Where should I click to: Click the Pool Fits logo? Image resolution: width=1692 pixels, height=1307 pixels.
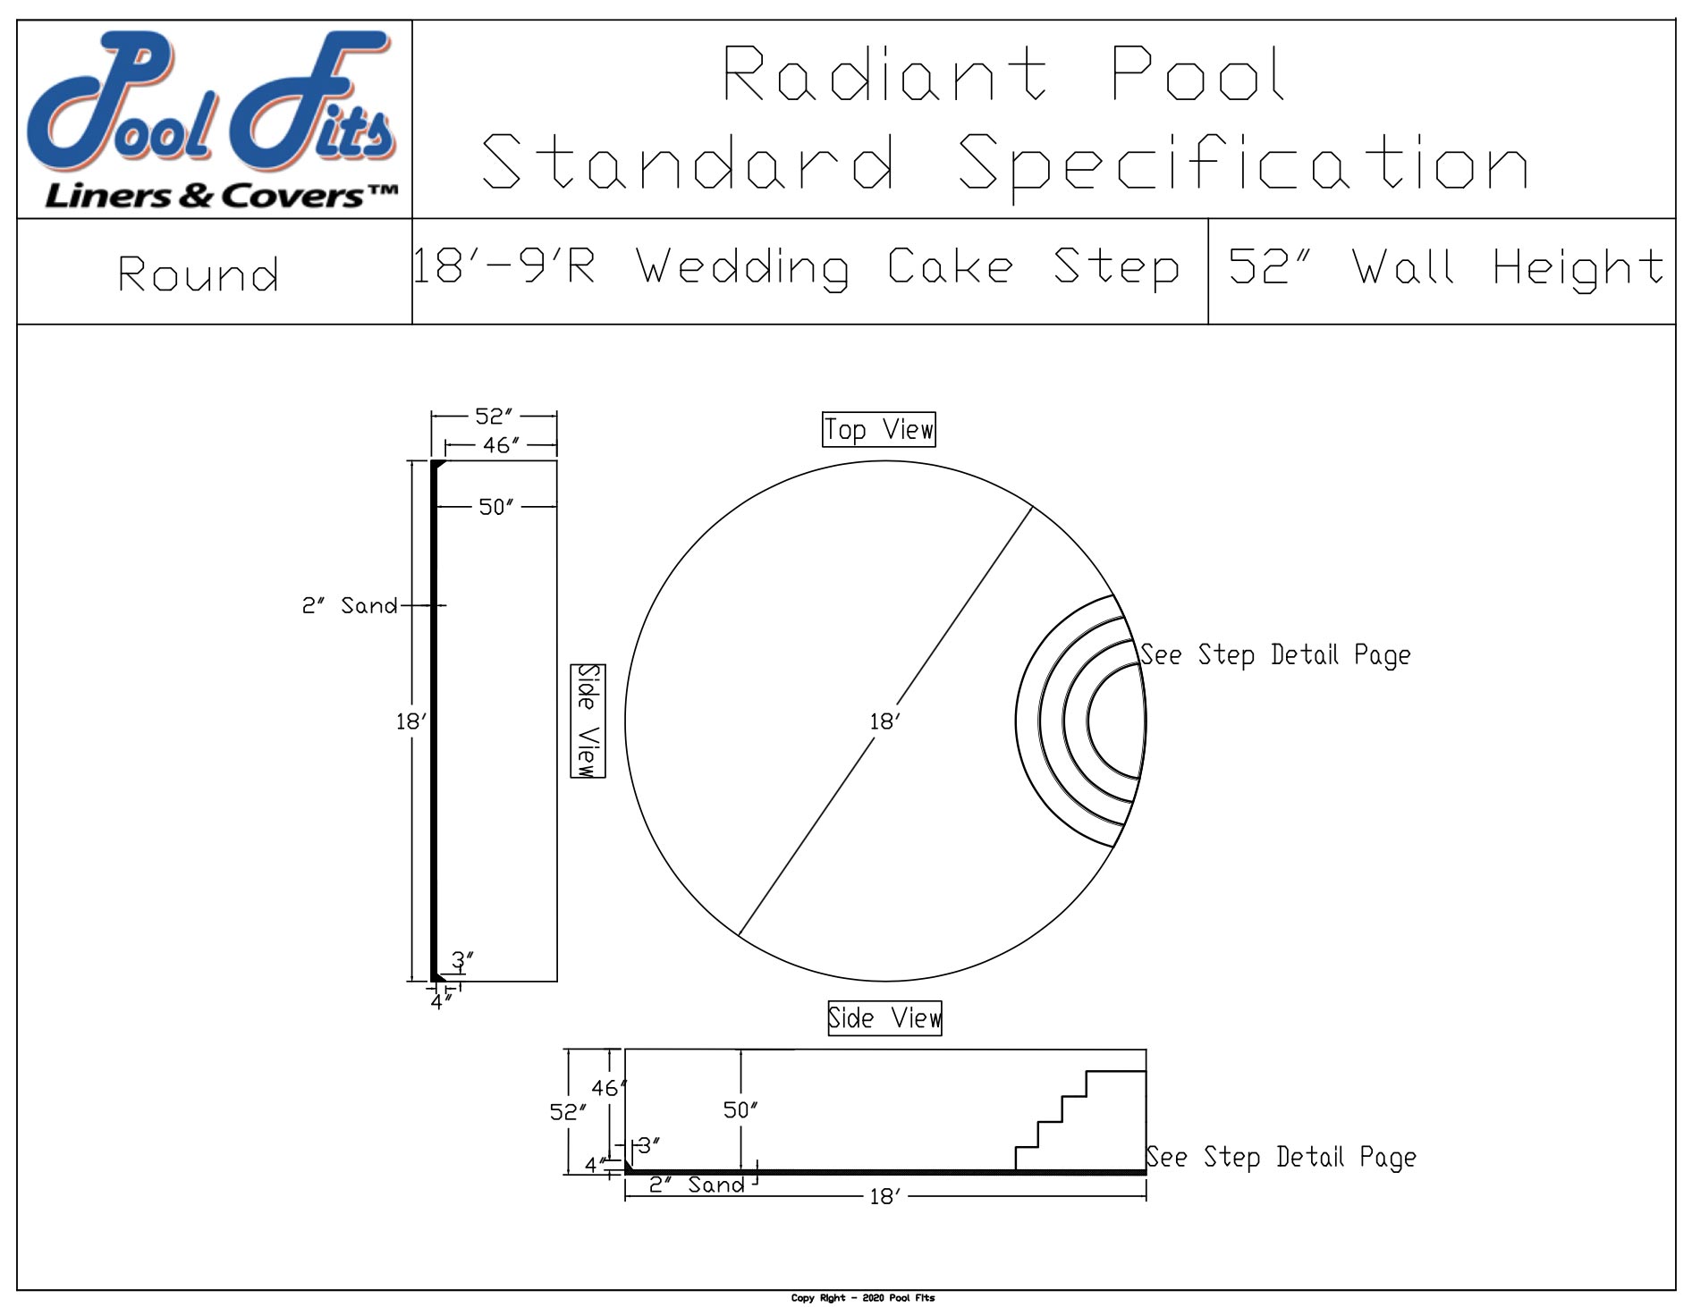click(x=213, y=119)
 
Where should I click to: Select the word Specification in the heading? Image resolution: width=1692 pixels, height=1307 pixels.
click(x=1243, y=163)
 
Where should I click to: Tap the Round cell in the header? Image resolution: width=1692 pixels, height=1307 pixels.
click(x=199, y=274)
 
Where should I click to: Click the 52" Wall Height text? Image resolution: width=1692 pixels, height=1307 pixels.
click(x=1444, y=267)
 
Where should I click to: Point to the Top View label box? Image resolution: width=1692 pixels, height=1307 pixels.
click(x=878, y=430)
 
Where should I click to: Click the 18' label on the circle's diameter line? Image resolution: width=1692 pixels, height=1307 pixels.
click(x=884, y=721)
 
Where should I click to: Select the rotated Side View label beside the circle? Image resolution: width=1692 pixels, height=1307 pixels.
click(x=588, y=721)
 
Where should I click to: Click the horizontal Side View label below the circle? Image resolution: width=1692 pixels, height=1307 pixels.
click(x=884, y=1018)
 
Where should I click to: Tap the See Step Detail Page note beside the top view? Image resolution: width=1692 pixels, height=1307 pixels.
click(x=1275, y=655)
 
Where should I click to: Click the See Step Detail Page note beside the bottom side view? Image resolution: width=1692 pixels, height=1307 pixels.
click(x=1281, y=1157)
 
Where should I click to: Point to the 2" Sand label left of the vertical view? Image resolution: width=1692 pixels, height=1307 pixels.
click(x=349, y=606)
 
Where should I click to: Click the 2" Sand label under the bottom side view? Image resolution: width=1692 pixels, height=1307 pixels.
click(x=697, y=1185)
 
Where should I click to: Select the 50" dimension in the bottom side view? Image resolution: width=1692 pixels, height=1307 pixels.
click(x=740, y=1110)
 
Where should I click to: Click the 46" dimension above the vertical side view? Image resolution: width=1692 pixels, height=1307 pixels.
click(x=501, y=445)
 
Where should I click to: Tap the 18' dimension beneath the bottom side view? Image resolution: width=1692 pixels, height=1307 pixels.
click(x=884, y=1196)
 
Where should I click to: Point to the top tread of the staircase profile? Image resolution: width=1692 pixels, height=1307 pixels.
click(x=1116, y=1071)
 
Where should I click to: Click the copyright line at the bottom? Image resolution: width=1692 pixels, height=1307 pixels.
click(x=862, y=1297)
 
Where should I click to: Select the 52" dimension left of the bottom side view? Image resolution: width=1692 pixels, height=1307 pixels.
click(x=567, y=1112)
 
